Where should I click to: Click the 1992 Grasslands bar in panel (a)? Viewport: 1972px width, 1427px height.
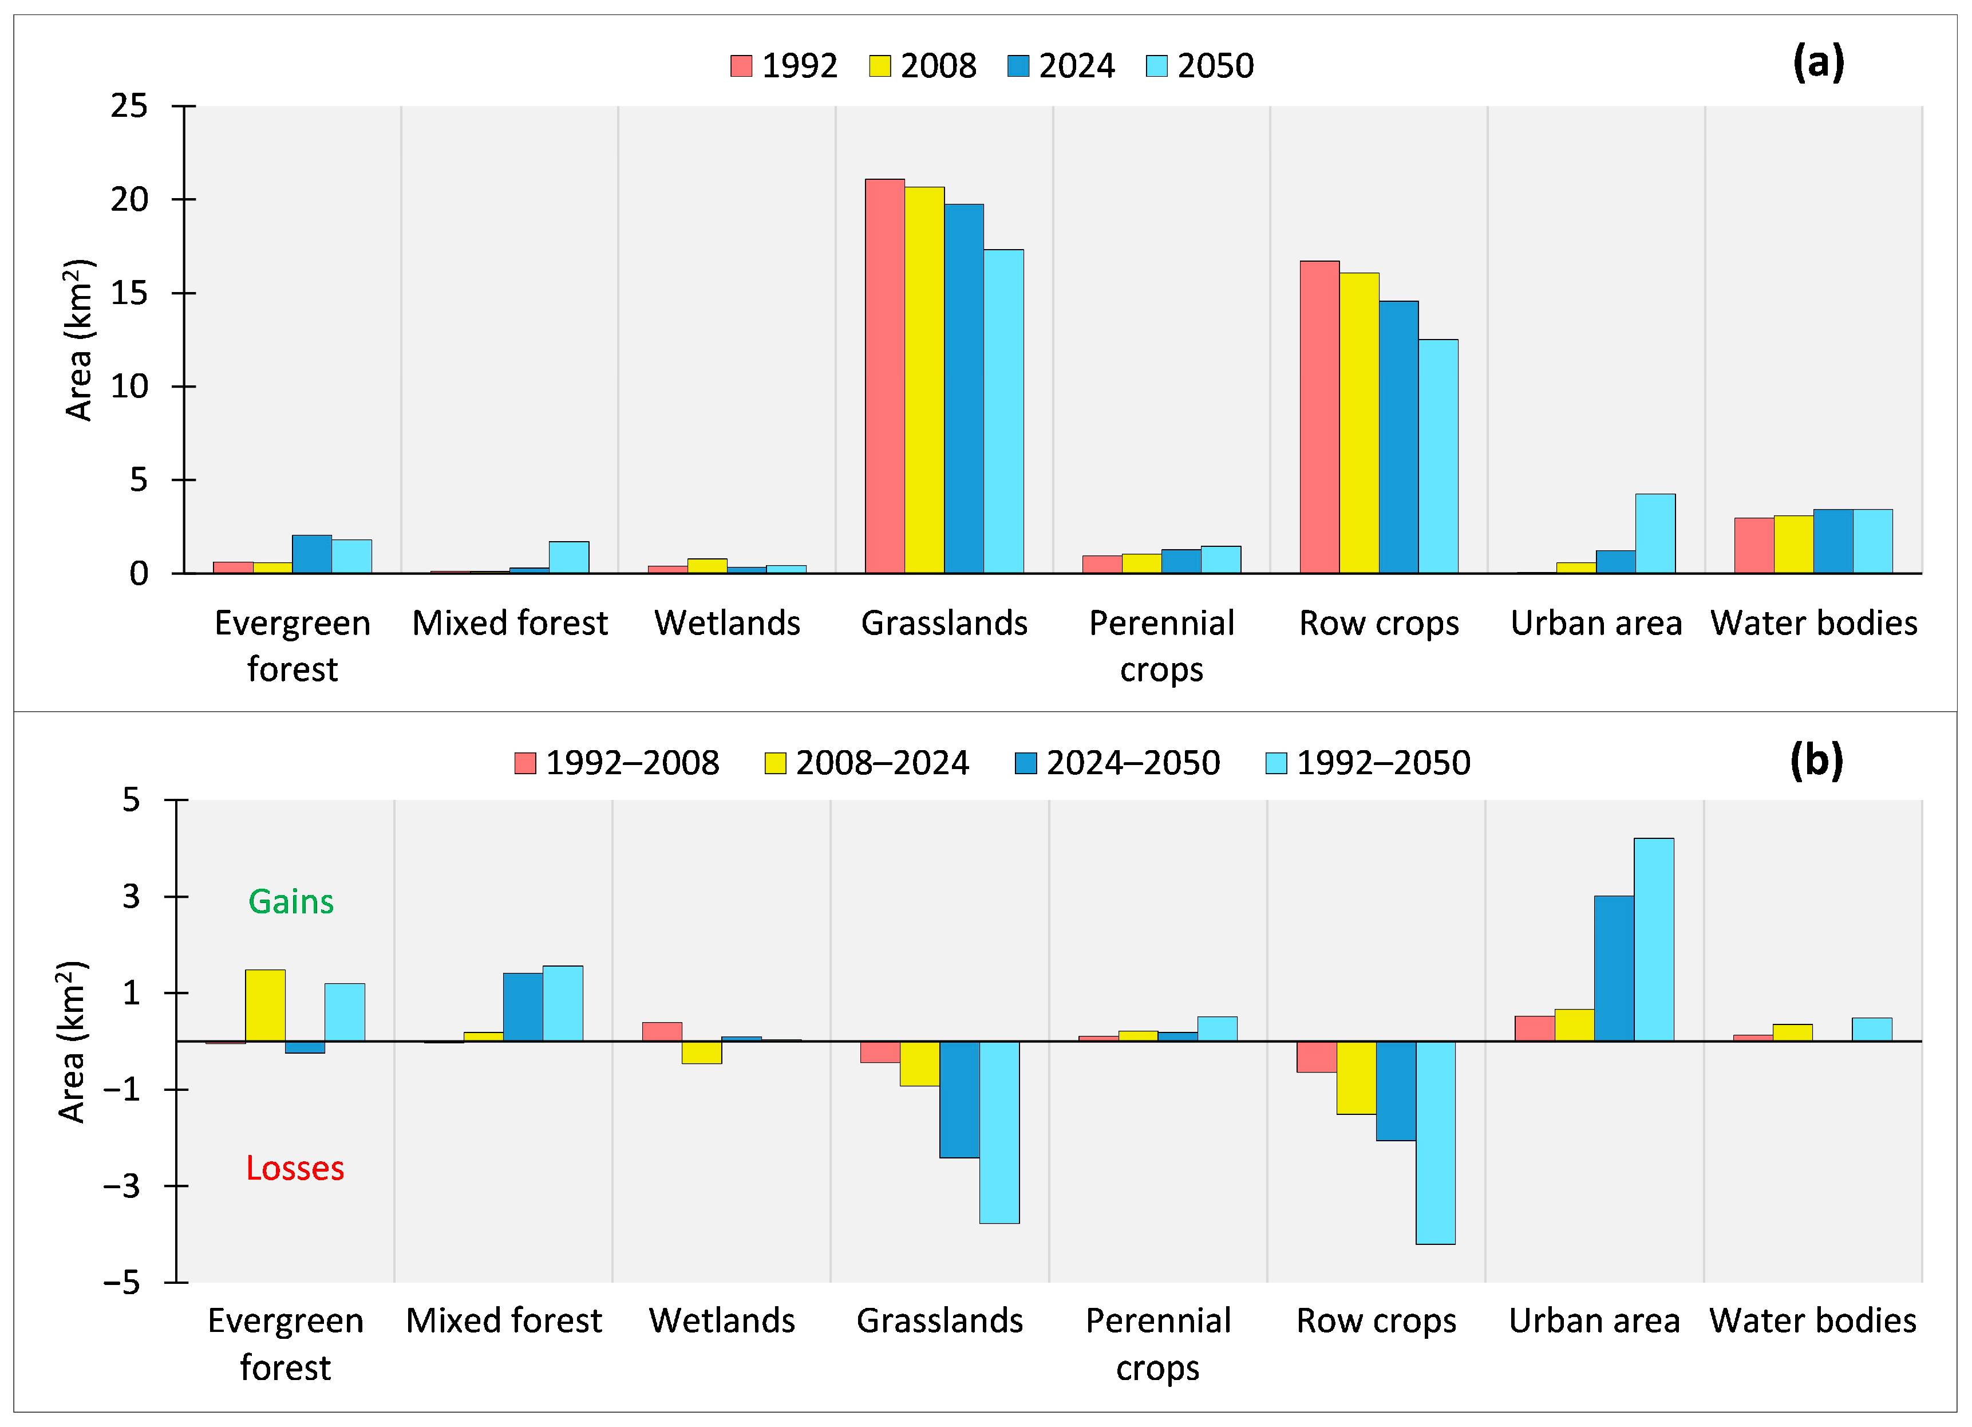click(884, 376)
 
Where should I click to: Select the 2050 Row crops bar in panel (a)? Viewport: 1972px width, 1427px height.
click(1438, 456)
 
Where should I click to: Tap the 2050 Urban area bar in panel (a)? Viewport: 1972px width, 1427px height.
click(1655, 533)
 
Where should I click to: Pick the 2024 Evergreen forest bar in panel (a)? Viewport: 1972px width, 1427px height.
click(311, 554)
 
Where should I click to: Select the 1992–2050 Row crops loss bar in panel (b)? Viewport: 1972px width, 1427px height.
click(1436, 1142)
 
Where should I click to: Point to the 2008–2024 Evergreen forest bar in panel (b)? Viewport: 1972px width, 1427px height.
click(265, 1005)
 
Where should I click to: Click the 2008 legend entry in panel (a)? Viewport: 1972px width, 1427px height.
click(923, 66)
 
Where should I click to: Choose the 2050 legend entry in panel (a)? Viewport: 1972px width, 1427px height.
click(1200, 66)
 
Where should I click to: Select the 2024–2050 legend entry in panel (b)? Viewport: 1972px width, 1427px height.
click(1117, 763)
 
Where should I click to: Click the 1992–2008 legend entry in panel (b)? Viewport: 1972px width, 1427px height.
click(617, 763)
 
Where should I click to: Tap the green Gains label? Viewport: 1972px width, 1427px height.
click(291, 902)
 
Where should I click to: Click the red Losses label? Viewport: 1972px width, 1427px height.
click(295, 1168)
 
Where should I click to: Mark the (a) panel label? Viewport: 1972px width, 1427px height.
click(1818, 62)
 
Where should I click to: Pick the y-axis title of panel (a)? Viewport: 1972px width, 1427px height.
click(78, 340)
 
